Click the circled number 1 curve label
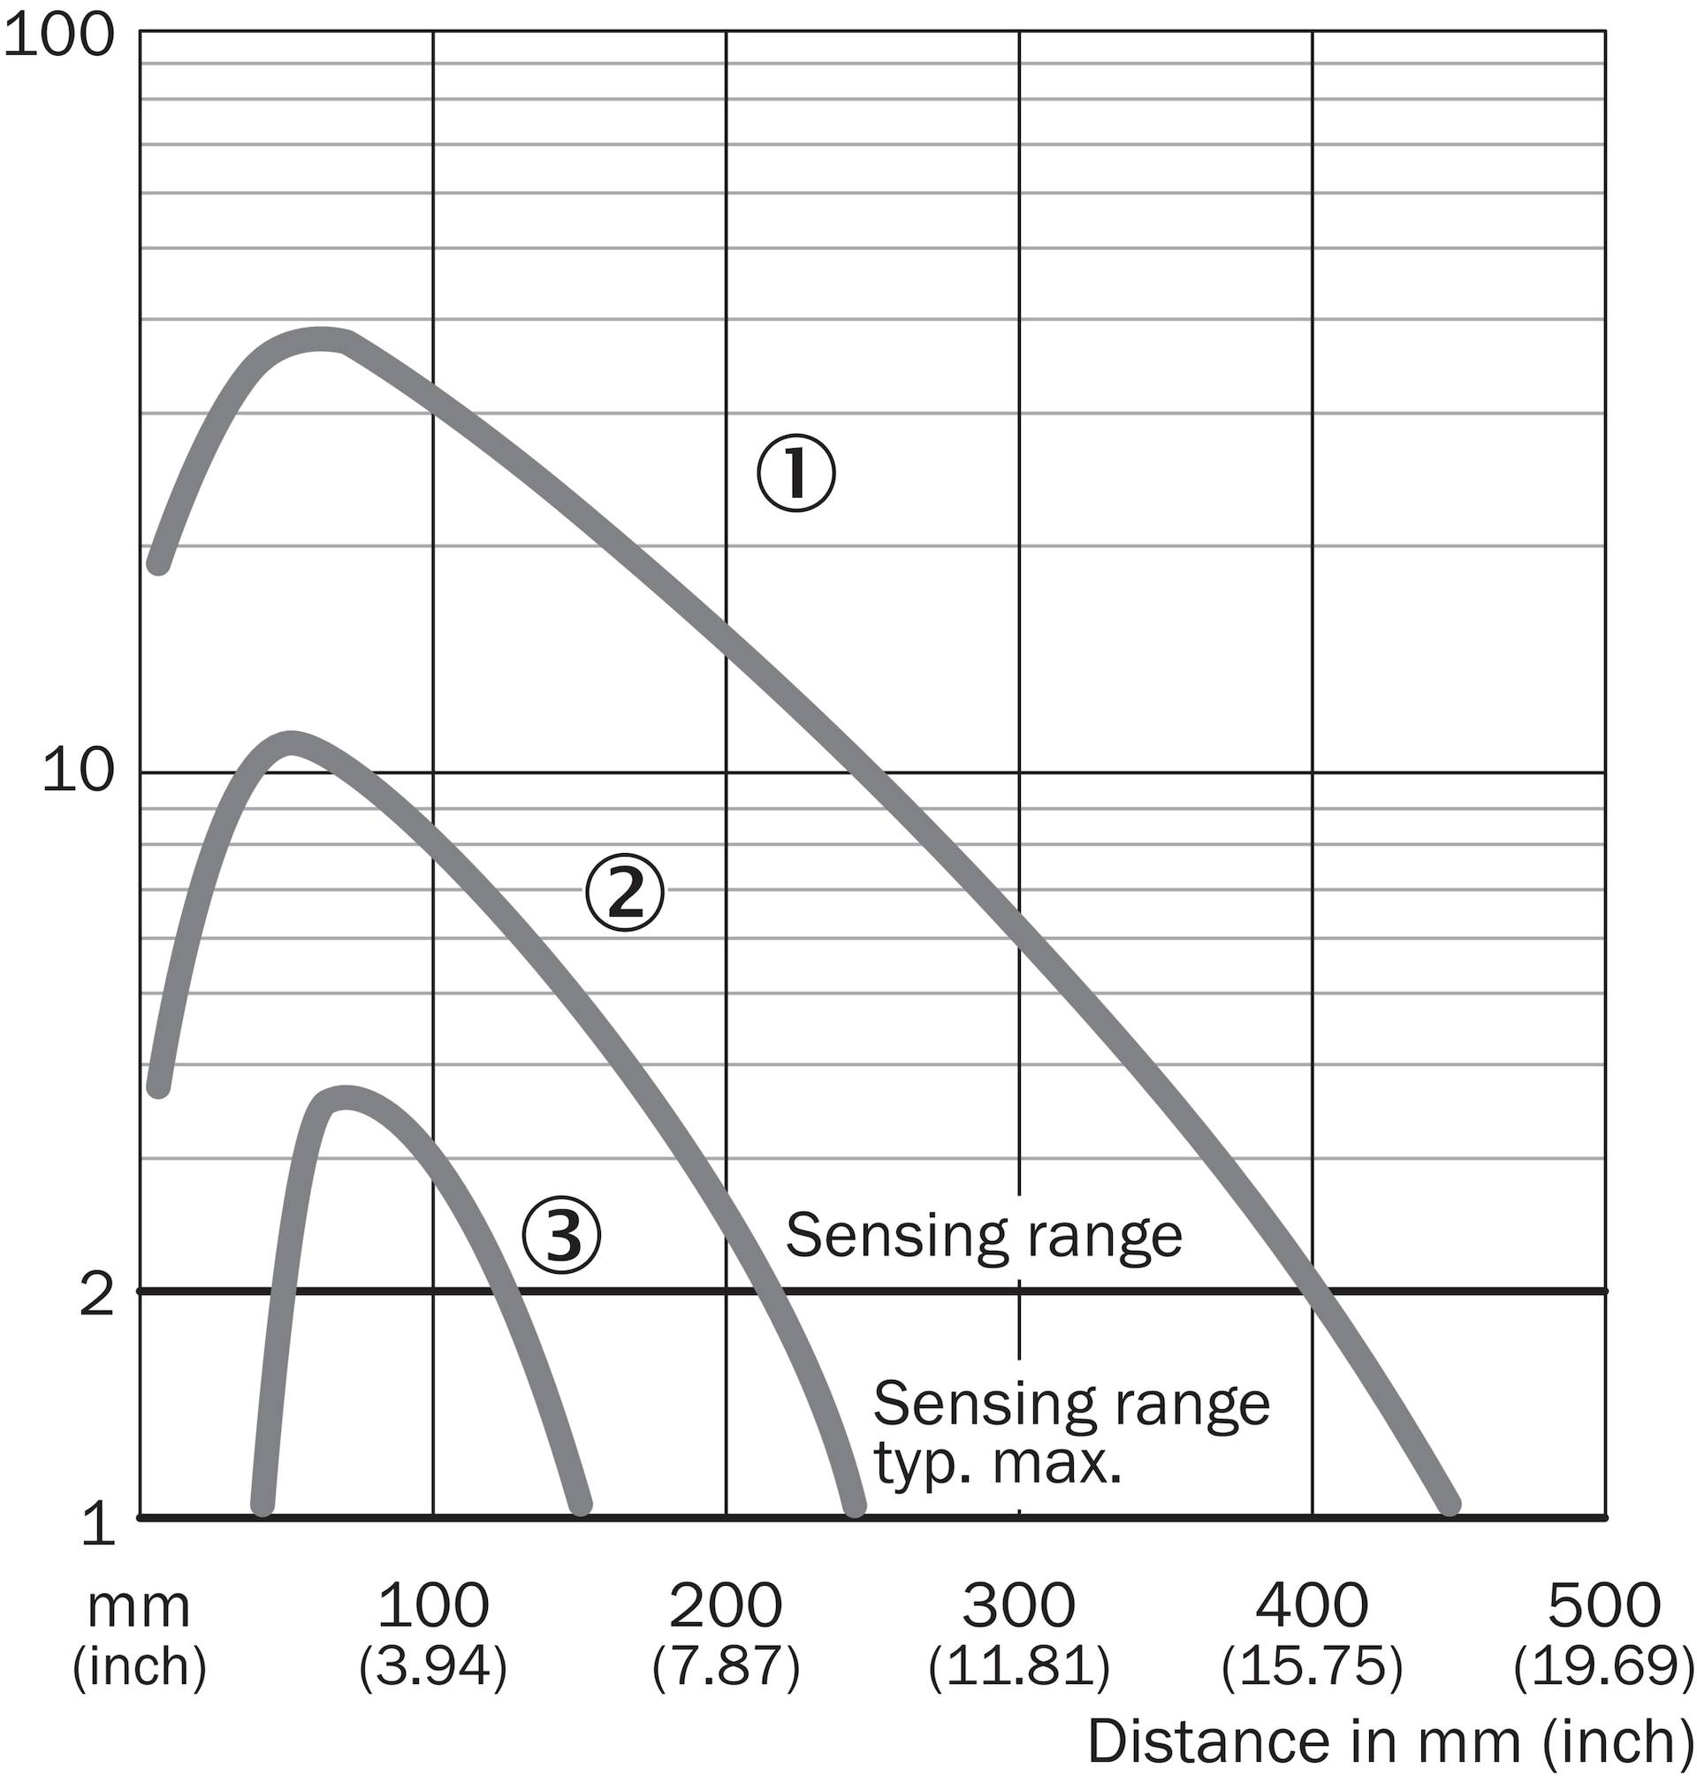click(796, 473)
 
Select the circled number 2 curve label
click(625, 893)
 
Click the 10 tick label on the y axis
click(79, 773)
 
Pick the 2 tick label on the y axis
click(98, 1293)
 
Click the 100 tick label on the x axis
click(432, 1605)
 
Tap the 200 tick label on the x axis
click(726, 1605)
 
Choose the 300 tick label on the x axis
click(1018, 1605)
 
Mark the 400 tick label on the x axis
click(1312, 1605)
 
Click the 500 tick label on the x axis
click(1605, 1605)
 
